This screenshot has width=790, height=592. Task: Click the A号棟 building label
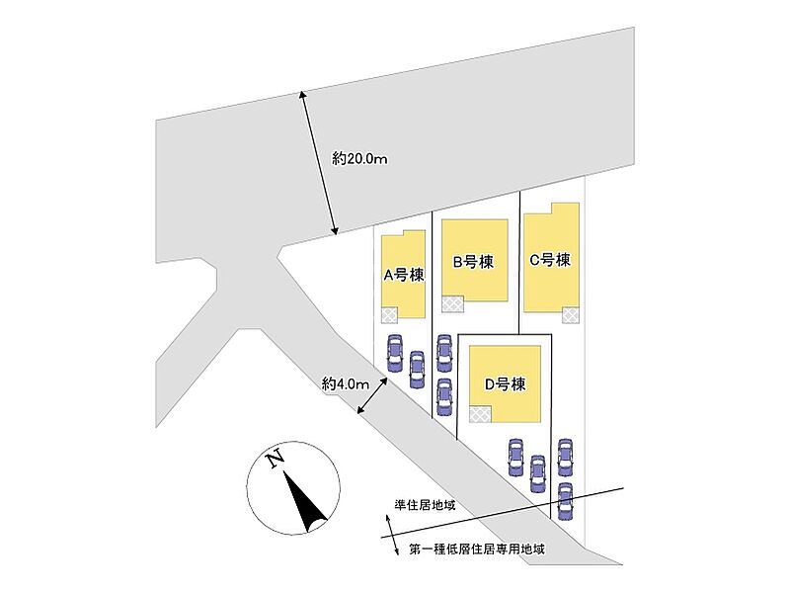(404, 275)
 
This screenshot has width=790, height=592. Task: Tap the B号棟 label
(473, 262)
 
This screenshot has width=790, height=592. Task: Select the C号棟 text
(550, 260)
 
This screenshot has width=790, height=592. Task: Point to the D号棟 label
(505, 384)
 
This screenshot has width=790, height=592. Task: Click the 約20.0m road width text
(359, 159)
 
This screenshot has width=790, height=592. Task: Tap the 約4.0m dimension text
(346, 384)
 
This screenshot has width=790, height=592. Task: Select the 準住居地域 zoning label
(425, 505)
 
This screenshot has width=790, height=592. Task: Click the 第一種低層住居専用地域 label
(477, 549)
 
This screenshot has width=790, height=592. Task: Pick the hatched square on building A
(389, 315)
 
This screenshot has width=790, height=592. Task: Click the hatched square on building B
(453, 304)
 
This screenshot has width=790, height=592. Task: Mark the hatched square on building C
(571, 315)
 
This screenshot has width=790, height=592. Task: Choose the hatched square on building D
(480, 414)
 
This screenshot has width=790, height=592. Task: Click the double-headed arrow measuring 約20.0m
(319, 163)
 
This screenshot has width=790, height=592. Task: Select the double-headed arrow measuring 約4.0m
(372, 395)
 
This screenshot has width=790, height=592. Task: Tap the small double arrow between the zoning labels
(392, 535)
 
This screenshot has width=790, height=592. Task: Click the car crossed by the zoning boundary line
(565, 501)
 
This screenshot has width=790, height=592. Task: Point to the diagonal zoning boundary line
(503, 513)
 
